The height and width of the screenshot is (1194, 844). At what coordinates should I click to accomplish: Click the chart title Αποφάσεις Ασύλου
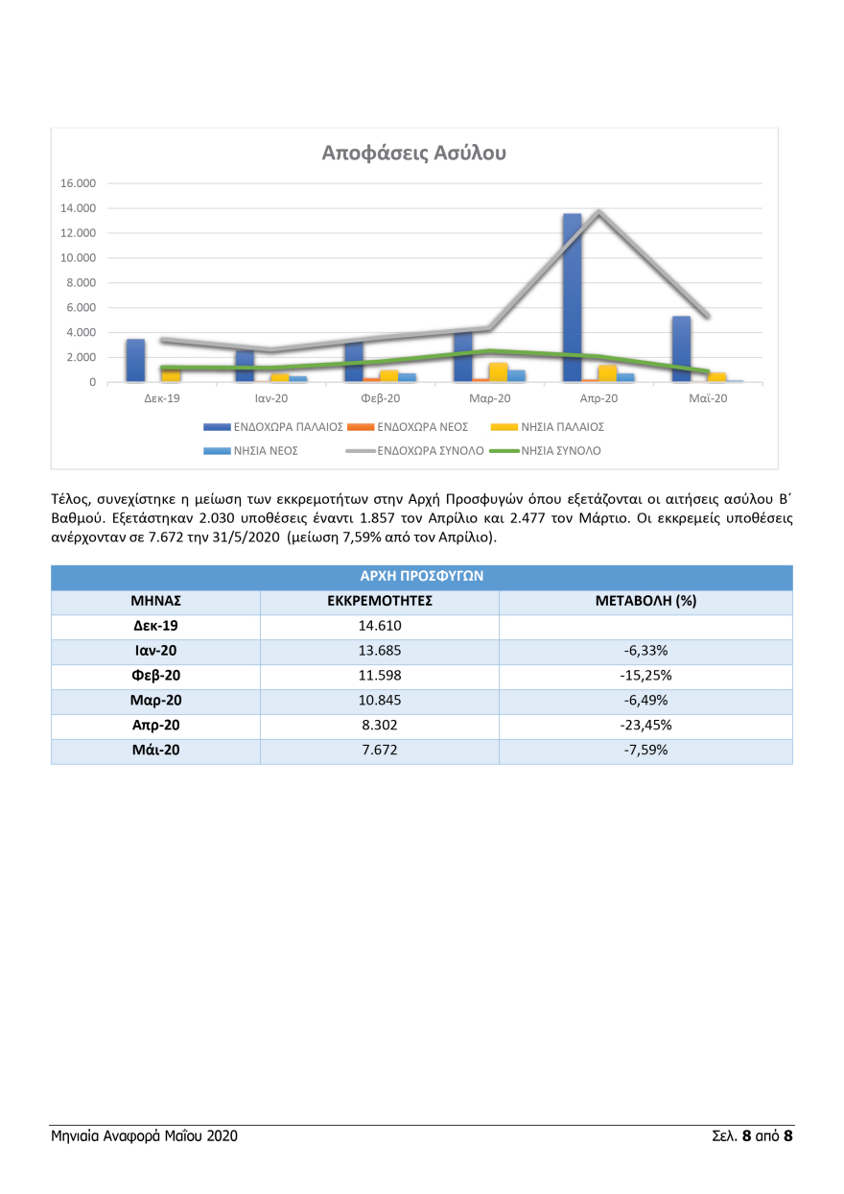tap(414, 153)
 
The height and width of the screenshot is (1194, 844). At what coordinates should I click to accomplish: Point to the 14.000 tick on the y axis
tap(79, 208)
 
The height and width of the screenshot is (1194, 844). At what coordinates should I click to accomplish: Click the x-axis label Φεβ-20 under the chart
tap(380, 397)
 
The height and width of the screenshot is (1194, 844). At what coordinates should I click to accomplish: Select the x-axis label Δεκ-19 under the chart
tap(161, 397)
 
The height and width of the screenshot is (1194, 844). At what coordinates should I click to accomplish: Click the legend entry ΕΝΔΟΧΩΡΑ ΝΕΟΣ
tap(422, 426)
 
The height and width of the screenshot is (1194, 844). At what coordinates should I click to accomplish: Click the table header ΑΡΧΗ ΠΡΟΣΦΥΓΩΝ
tap(421, 577)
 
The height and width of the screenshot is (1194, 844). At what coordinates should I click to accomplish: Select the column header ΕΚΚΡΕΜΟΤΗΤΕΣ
tap(379, 602)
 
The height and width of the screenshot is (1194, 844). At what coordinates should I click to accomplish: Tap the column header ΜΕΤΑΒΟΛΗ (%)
tap(645, 602)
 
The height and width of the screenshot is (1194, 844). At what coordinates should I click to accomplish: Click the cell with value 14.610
tap(379, 627)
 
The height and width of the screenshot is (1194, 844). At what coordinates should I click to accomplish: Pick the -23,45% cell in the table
tap(645, 727)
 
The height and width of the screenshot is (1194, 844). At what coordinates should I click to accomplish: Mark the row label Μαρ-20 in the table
tap(155, 702)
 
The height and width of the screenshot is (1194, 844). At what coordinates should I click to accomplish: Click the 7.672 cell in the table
tap(379, 752)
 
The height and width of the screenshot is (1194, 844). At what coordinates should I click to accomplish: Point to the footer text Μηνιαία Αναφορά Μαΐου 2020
tap(145, 1136)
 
